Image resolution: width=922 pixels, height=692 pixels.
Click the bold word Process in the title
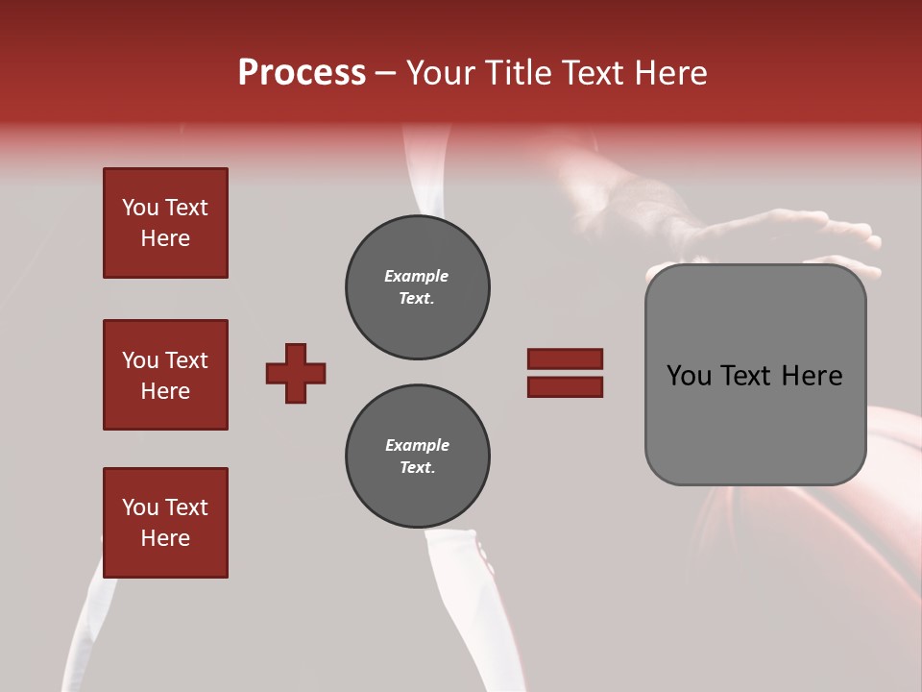(x=302, y=72)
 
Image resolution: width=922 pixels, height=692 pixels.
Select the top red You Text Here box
(x=165, y=223)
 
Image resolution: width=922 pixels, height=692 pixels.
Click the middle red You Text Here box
(x=165, y=375)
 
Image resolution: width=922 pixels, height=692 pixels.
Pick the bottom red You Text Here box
(x=165, y=523)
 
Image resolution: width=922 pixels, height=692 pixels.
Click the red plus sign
(x=296, y=373)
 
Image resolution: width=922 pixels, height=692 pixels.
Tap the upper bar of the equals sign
(x=565, y=358)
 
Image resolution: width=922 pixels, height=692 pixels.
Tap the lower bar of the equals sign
(x=565, y=386)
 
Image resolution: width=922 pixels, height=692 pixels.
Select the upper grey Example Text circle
(x=417, y=287)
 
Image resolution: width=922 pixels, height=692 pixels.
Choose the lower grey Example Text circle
(x=417, y=457)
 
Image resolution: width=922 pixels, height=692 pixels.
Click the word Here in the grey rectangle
(x=812, y=376)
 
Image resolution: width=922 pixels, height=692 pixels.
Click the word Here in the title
(x=671, y=73)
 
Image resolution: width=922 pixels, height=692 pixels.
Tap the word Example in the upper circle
(x=417, y=276)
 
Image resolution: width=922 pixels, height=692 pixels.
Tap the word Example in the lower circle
(x=417, y=445)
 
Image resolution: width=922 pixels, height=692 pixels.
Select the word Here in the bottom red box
(x=165, y=538)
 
